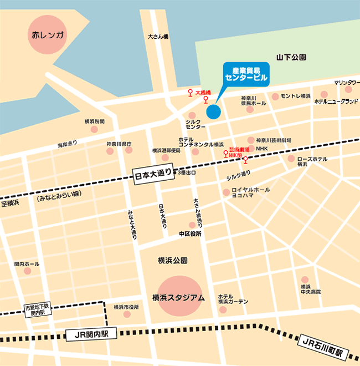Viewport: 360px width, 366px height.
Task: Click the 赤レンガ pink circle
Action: [48, 37]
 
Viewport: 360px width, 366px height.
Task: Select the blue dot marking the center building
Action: [213, 111]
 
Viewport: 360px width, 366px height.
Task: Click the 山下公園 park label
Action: [291, 57]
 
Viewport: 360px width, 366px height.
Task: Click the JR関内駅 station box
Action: [89, 334]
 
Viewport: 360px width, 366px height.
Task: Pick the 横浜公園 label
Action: [172, 261]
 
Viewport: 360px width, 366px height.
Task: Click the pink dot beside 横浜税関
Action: [94, 129]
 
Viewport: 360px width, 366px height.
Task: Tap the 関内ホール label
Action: [27, 264]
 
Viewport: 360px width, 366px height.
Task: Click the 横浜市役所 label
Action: [126, 307]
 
